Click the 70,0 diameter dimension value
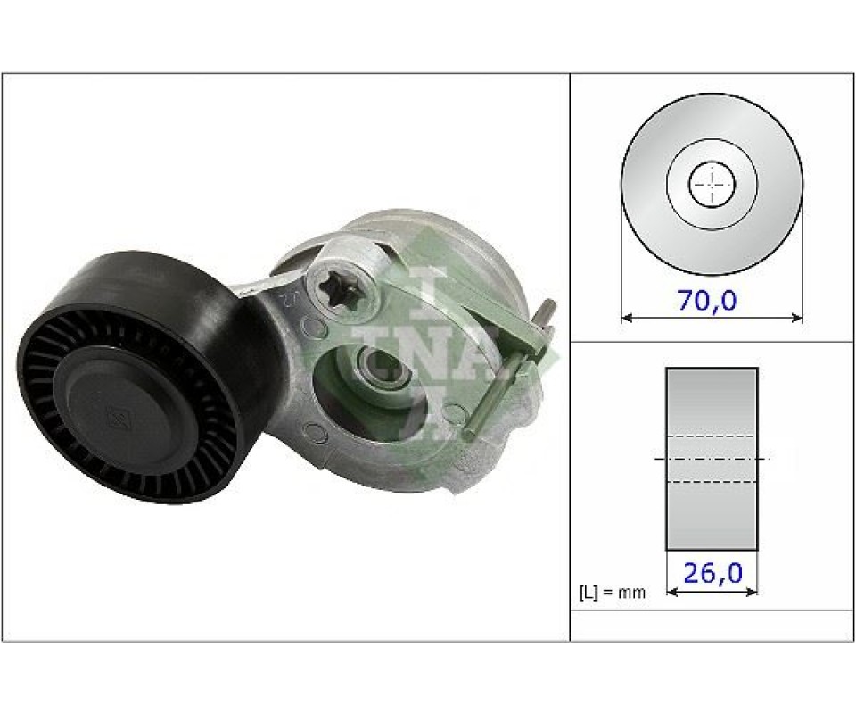(x=707, y=301)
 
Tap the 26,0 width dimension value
(x=713, y=573)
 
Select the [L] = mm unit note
(x=612, y=593)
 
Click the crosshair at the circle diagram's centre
(x=712, y=185)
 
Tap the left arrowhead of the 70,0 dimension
(x=627, y=318)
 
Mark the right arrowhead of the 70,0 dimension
(x=797, y=318)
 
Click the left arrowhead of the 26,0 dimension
(x=672, y=591)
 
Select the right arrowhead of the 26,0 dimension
(x=753, y=591)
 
